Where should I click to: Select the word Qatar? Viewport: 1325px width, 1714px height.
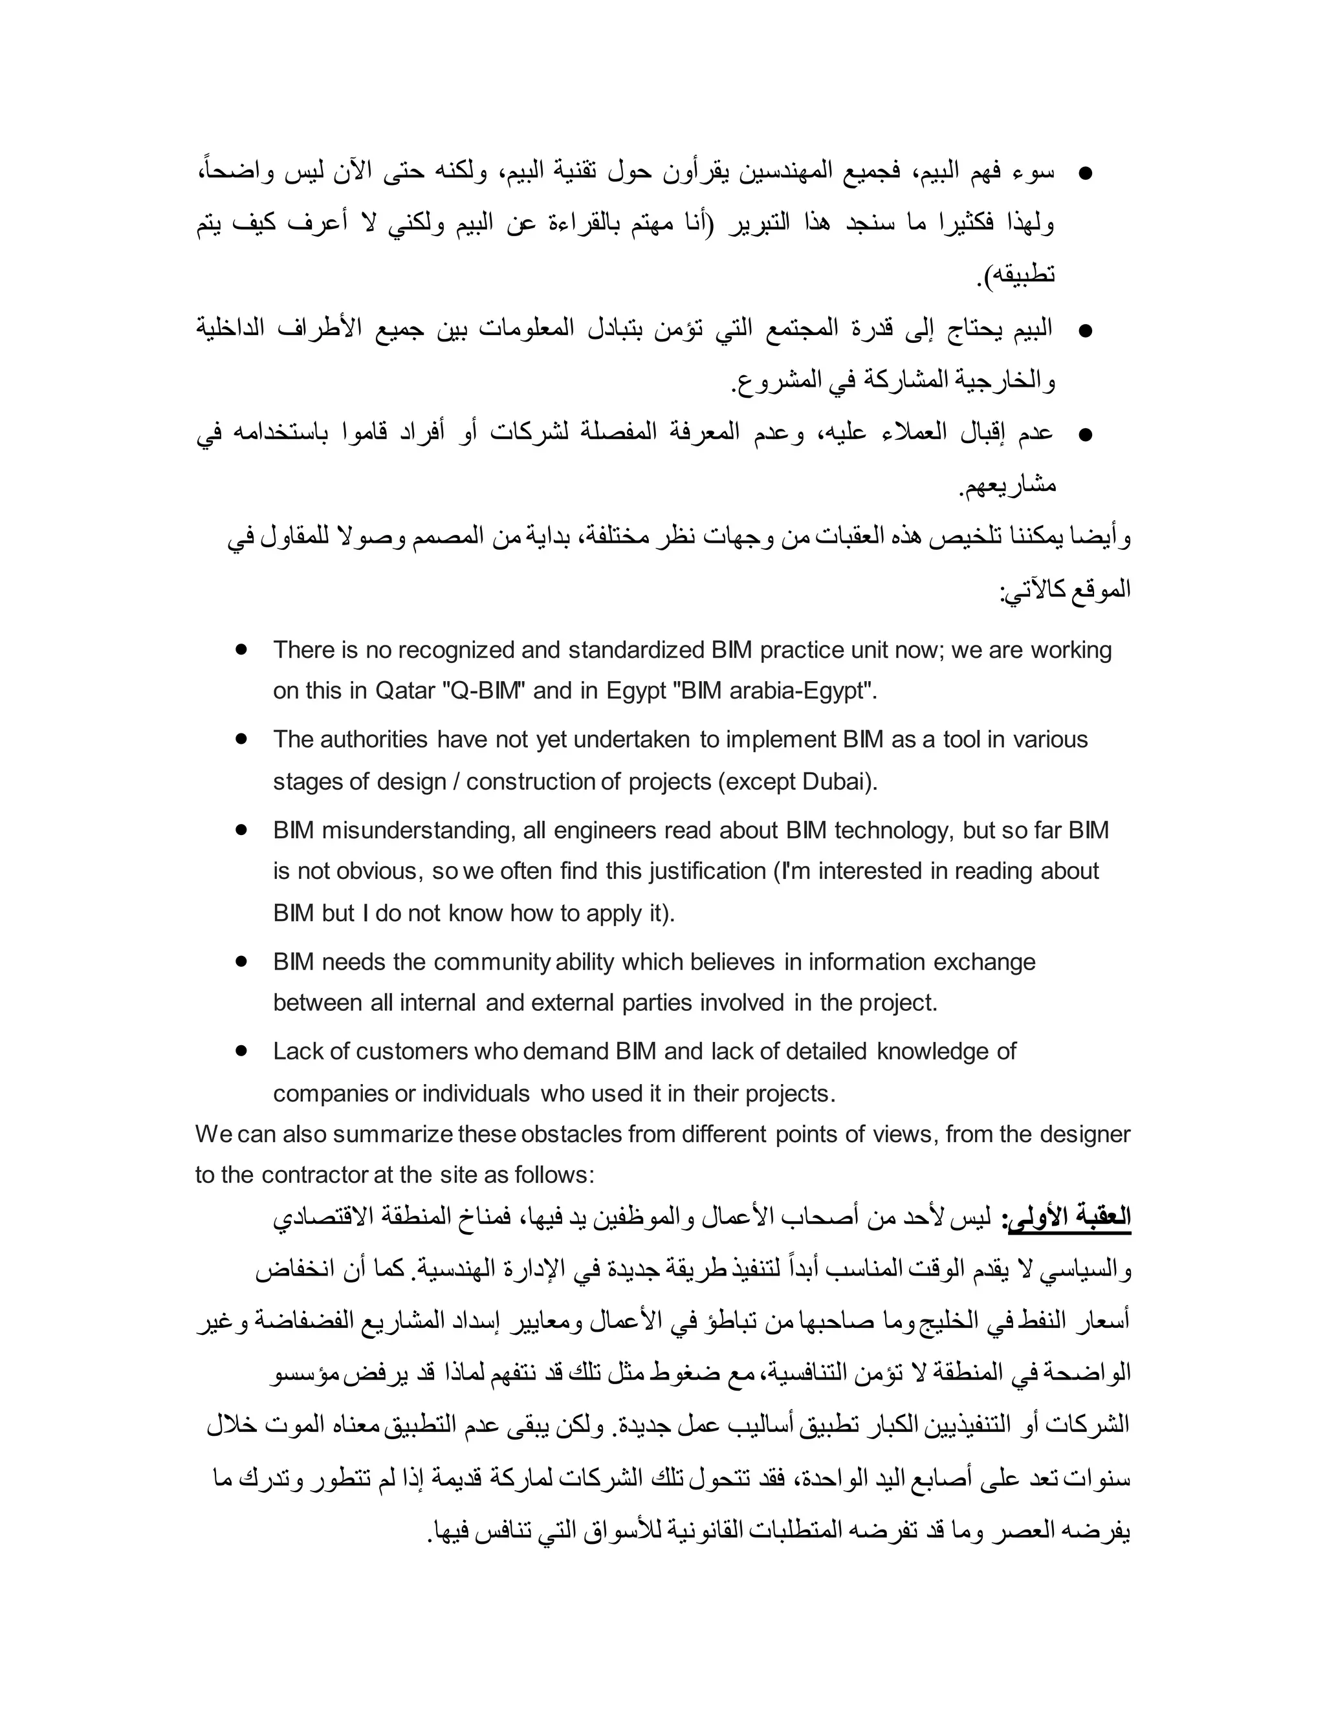[x=405, y=691]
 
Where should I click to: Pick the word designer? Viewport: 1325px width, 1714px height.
[x=1084, y=1134]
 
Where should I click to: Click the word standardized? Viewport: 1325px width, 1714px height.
[x=636, y=651]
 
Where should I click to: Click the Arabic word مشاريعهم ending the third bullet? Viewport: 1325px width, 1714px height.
[x=1009, y=485]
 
